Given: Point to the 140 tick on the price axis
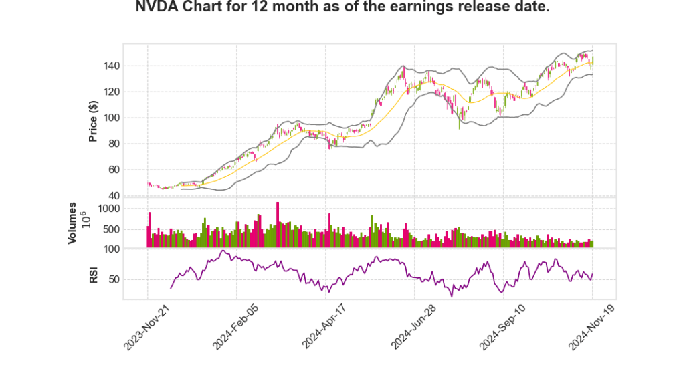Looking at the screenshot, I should point(130,66).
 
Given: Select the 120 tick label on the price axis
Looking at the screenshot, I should point(130,92).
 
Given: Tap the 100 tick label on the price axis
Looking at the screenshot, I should point(130,118).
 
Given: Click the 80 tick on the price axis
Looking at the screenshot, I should point(132,144).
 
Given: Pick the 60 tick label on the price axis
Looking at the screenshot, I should point(132,170).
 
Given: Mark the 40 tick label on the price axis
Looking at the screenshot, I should point(132,196).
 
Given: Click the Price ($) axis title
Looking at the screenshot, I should point(94,121).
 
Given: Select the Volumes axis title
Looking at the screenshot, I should point(73,223).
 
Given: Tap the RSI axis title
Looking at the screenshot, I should point(94,274).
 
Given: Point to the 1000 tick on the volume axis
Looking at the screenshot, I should point(127,209).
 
